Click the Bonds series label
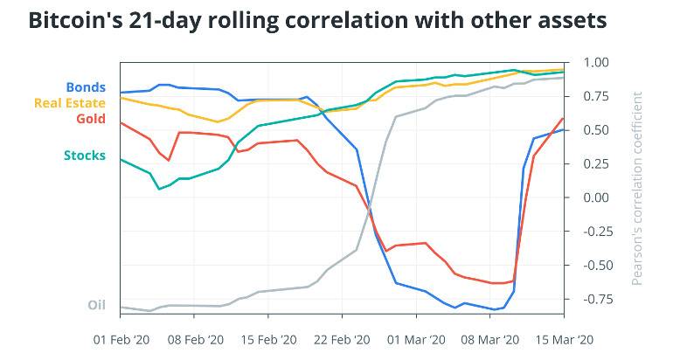click(x=86, y=87)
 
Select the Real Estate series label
click(x=69, y=103)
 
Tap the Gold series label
click(x=90, y=118)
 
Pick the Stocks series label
click(x=85, y=156)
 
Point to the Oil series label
click(x=96, y=305)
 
